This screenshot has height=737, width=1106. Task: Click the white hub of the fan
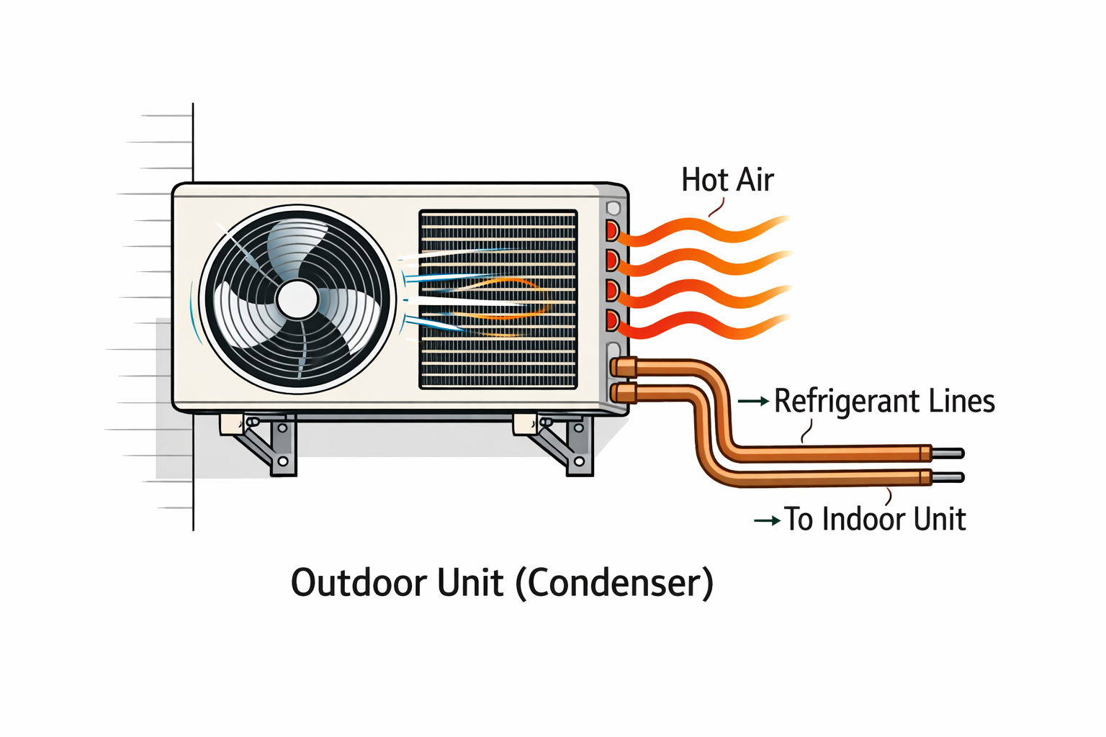[x=297, y=299]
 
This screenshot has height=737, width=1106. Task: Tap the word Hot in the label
[x=705, y=180]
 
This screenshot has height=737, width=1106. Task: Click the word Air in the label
[x=755, y=180]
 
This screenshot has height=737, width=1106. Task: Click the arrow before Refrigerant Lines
[x=753, y=402]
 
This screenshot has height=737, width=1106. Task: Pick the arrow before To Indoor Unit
[x=767, y=520]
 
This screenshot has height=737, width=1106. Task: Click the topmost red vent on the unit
[x=612, y=231]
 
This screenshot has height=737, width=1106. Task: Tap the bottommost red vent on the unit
[x=613, y=320]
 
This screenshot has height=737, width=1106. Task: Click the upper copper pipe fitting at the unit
[x=624, y=368]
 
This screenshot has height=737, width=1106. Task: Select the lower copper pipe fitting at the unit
[x=624, y=393]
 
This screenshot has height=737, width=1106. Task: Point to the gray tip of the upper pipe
[x=948, y=453]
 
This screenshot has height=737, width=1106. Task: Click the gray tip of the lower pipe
[x=948, y=477]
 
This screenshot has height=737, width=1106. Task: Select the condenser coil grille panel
[x=498, y=299]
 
